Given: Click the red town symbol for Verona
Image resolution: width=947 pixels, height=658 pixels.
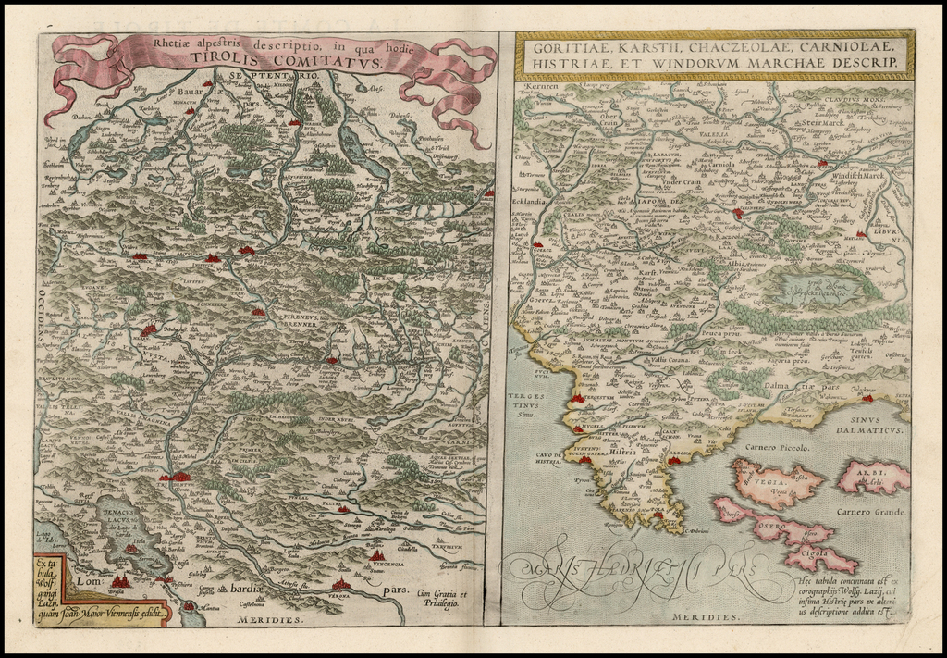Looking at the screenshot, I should point(342,585).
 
